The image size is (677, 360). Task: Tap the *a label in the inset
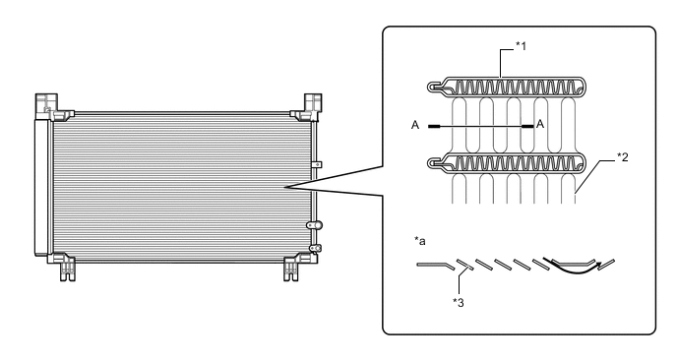pos(420,239)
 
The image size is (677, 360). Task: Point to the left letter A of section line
pos(418,126)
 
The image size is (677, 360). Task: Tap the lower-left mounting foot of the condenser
pos(66,266)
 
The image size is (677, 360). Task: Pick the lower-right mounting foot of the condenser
pos(292,266)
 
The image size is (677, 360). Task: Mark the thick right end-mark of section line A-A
pos(529,126)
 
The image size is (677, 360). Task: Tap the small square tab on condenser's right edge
pos(317,164)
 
